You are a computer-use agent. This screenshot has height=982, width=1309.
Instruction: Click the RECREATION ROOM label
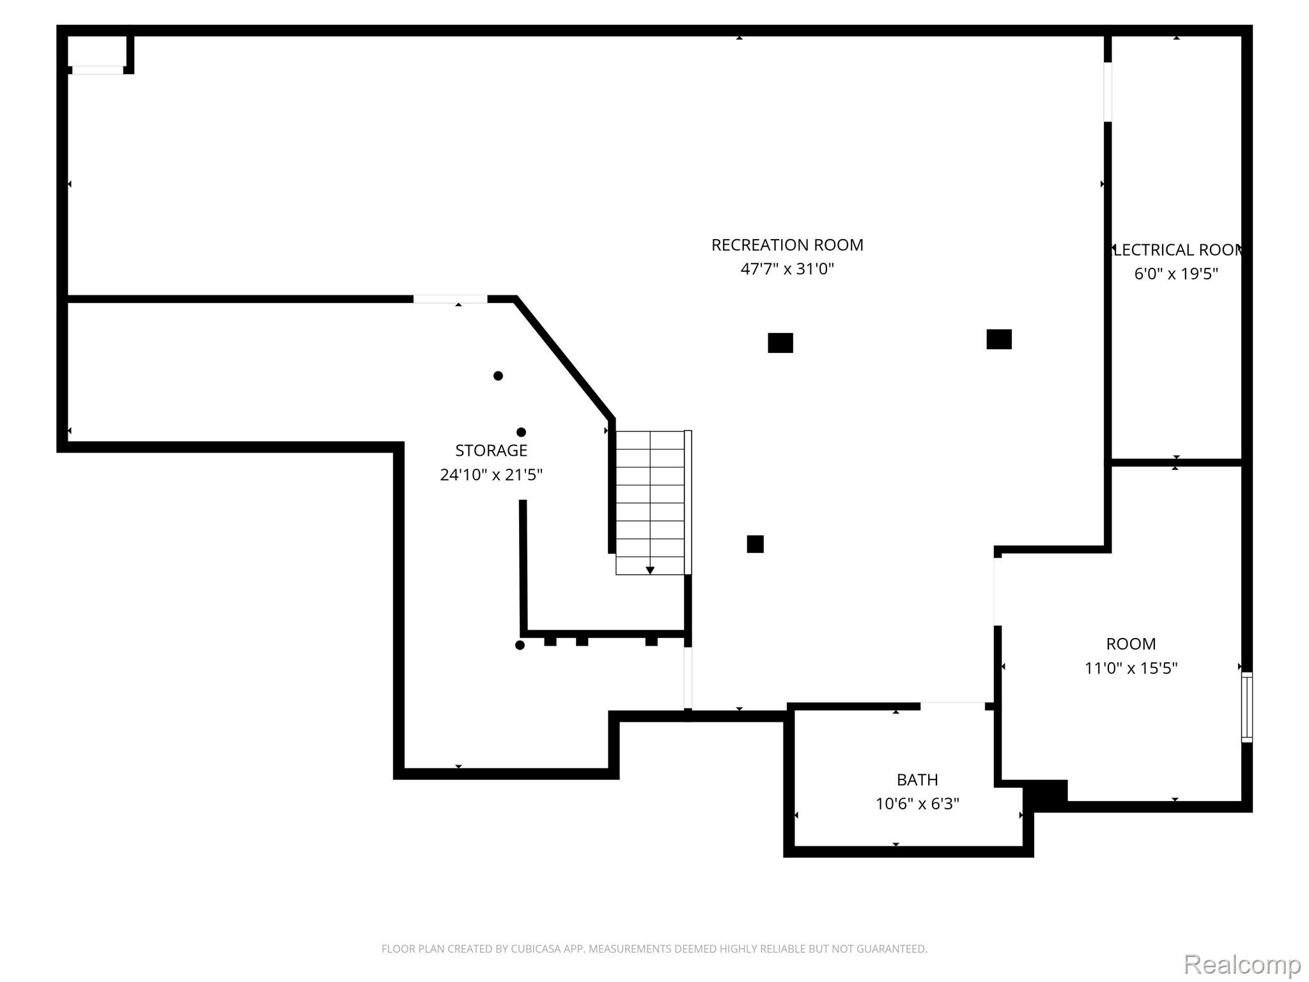787,245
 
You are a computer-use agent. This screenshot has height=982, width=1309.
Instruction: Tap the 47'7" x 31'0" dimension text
787,269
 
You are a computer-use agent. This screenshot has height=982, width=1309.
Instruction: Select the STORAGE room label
491,451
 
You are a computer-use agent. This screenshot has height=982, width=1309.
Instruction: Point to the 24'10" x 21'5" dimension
491,475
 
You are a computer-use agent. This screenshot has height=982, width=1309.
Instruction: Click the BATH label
917,780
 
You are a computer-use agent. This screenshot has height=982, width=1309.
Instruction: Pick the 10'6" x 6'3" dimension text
917,804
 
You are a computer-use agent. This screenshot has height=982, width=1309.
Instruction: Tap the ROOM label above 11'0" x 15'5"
1131,644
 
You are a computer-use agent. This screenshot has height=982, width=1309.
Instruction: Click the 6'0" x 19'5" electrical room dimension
1176,274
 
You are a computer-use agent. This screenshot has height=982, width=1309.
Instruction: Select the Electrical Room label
1176,250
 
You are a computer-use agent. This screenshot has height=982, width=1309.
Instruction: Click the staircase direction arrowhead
650,570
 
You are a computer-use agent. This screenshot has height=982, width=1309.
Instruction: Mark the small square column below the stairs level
755,544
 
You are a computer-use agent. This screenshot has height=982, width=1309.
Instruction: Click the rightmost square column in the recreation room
999,339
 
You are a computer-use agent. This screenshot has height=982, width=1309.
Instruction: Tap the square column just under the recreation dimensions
780,343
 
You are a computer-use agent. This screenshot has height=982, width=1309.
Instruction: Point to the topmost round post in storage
498,376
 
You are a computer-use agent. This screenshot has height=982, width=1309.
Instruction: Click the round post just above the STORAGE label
521,432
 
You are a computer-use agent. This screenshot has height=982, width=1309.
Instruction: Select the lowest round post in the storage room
520,646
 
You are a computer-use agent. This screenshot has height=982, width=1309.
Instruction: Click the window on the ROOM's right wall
1246,707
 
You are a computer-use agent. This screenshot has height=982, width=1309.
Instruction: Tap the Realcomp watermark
1242,963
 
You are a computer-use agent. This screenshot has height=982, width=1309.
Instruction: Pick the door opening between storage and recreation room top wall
450,299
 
